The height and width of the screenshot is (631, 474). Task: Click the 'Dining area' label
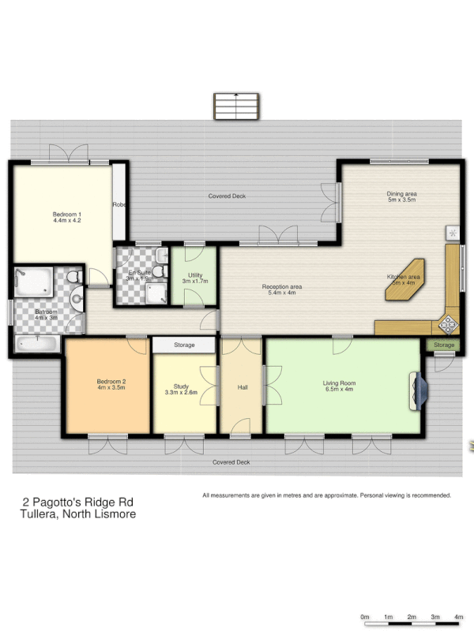click(401, 194)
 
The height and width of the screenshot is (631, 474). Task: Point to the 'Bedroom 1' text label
click(67, 215)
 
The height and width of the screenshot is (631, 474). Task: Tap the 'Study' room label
click(181, 386)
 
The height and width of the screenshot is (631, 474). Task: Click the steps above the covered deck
click(235, 106)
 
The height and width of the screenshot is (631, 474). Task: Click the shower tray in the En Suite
click(158, 292)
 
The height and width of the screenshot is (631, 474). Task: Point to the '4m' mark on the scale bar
click(459, 617)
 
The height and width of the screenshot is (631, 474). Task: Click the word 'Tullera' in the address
click(38, 514)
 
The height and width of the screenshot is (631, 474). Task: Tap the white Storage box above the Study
click(184, 345)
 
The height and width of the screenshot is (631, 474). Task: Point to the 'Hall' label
click(243, 387)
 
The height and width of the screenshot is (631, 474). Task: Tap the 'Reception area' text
click(281, 286)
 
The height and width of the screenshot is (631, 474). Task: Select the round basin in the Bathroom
click(76, 299)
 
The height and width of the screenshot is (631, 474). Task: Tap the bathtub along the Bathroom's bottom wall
click(37, 344)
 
